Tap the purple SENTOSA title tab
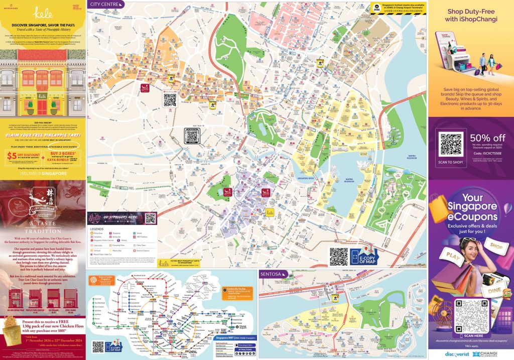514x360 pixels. [272, 274]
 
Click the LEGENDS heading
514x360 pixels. [97, 229]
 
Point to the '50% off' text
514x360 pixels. [487, 138]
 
